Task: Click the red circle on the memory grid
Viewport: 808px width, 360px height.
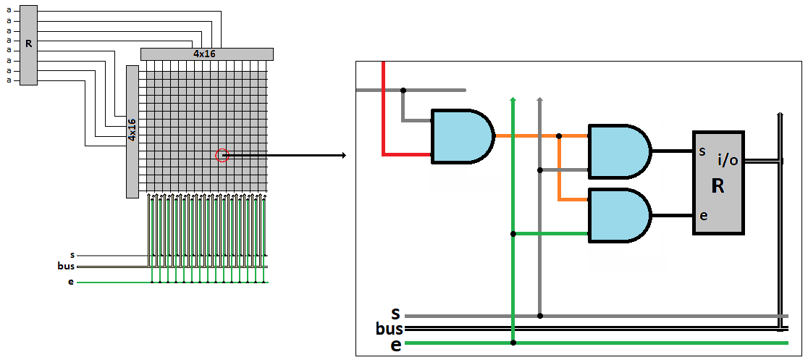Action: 222,155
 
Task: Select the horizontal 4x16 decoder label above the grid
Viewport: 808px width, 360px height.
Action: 206,54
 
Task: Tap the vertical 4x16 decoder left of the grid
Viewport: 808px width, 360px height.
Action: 132,131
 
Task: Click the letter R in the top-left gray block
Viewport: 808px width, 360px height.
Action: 28,44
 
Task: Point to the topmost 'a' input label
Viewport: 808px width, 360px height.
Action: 9,12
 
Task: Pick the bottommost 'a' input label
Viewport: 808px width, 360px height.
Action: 9,80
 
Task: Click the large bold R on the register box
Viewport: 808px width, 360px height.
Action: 717,187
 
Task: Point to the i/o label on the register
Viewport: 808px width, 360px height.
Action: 728,160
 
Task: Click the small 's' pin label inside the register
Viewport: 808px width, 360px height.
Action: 702,152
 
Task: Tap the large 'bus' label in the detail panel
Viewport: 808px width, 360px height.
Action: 390,329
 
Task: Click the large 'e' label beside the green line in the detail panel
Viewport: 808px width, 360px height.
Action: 395,345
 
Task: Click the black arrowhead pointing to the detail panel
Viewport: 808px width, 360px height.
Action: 342,155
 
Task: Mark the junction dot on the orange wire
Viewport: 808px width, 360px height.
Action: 559,135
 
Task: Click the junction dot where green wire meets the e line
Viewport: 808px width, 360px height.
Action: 513,342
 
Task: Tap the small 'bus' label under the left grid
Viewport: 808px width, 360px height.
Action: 66,266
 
